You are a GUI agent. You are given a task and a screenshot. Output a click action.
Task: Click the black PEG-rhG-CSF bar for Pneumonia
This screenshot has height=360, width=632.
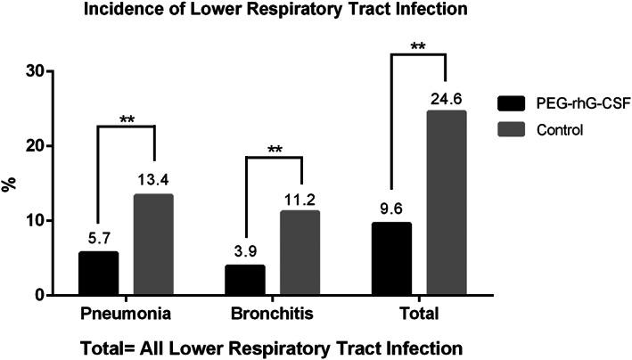pyautogui.click(x=98, y=274)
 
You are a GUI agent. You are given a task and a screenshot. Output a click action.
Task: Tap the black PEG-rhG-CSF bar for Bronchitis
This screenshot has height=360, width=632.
pyautogui.click(x=245, y=280)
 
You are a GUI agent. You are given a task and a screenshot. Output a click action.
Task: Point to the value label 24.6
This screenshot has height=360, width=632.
pyautogui.click(x=447, y=100)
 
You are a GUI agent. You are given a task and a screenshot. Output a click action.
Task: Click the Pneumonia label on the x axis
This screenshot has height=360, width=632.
pyautogui.click(x=126, y=315)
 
